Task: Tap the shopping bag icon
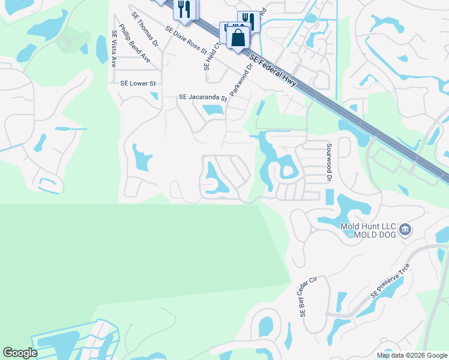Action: point(238,37)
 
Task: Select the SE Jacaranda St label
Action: point(203,97)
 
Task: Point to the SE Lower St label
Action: point(138,83)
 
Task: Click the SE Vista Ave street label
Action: point(113,49)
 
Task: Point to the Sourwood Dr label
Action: point(329,162)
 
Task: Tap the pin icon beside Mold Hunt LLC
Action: point(405,229)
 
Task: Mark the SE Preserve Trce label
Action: point(390,281)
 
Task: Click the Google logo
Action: point(20,352)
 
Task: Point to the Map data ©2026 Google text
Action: point(411,355)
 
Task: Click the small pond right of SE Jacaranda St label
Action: point(211,110)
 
